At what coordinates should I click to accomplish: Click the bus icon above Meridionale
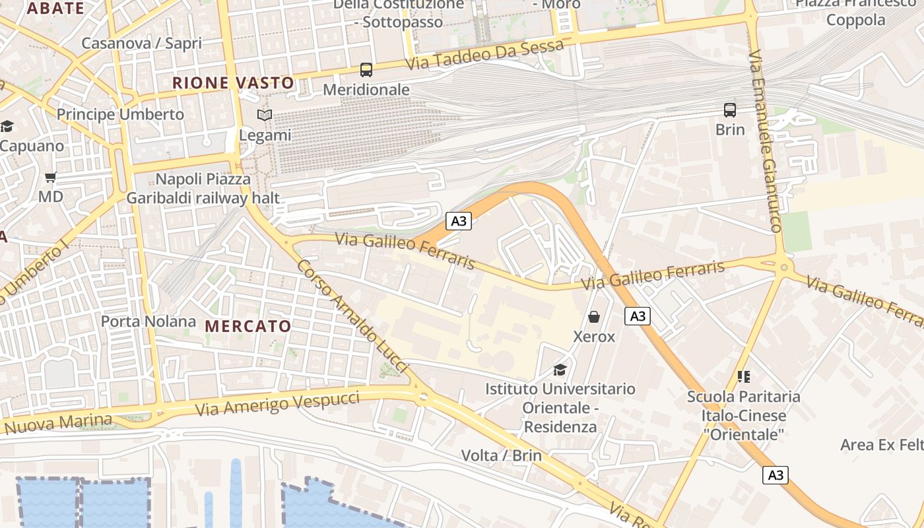pos(366,69)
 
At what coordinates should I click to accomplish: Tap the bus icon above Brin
pos(729,110)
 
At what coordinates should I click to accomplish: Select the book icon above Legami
pos(265,115)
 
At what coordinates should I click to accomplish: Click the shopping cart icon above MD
pos(51,177)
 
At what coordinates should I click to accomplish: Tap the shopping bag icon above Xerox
pos(594,317)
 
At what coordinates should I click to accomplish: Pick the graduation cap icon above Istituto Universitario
pos(560,369)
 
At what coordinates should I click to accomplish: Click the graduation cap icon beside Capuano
pos(7,126)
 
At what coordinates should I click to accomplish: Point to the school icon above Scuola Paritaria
pos(744,377)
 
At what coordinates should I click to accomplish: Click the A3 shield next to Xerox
pos(638,316)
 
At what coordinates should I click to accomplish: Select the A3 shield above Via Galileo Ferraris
pos(459,221)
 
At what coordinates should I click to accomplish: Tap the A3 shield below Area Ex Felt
pos(775,475)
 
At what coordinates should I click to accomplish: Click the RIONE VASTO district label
pos(233,83)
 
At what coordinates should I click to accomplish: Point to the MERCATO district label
pos(247,326)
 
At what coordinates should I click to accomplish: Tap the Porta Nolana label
pos(148,321)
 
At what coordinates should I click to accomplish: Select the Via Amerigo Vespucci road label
pos(277,403)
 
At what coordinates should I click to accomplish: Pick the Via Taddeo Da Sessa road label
pos(486,55)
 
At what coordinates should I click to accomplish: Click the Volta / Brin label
pos(502,455)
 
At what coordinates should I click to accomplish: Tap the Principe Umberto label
pos(120,114)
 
